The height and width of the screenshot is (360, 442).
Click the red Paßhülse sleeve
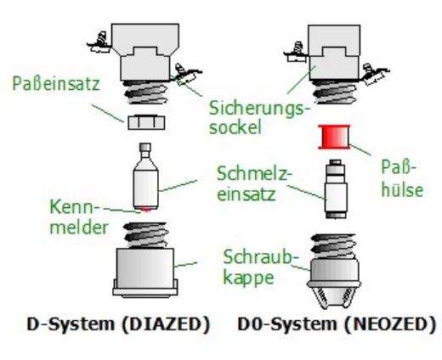point(334,137)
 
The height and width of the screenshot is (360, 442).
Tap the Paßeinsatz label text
point(56,83)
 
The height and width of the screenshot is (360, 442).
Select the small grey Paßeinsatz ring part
point(146,122)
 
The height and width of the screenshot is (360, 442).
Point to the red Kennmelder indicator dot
point(145,210)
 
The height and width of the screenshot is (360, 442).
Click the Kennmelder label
point(79,217)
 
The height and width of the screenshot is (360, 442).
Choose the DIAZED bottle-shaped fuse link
point(145,176)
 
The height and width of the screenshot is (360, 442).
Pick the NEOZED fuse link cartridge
point(336,188)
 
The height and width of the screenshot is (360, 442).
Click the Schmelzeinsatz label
point(253,183)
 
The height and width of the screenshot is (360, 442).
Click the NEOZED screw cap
point(334,271)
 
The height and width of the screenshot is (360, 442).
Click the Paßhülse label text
point(402,178)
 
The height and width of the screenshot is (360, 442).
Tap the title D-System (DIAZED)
point(118,324)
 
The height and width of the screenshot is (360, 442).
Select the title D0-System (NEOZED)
point(337,324)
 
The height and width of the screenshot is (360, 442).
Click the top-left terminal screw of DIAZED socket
point(99,42)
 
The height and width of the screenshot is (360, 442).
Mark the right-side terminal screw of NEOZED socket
point(374,74)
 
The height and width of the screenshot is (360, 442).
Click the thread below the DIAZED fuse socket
point(145,92)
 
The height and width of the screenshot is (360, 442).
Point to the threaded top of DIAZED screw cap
point(145,235)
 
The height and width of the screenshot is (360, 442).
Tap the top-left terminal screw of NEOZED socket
point(297,52)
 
